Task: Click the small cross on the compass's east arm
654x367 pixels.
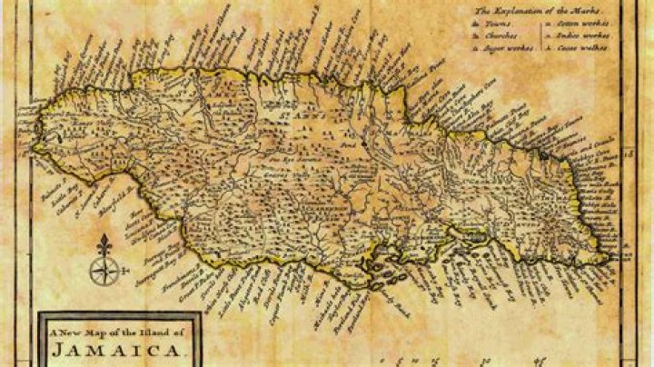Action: pos(120,269)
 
